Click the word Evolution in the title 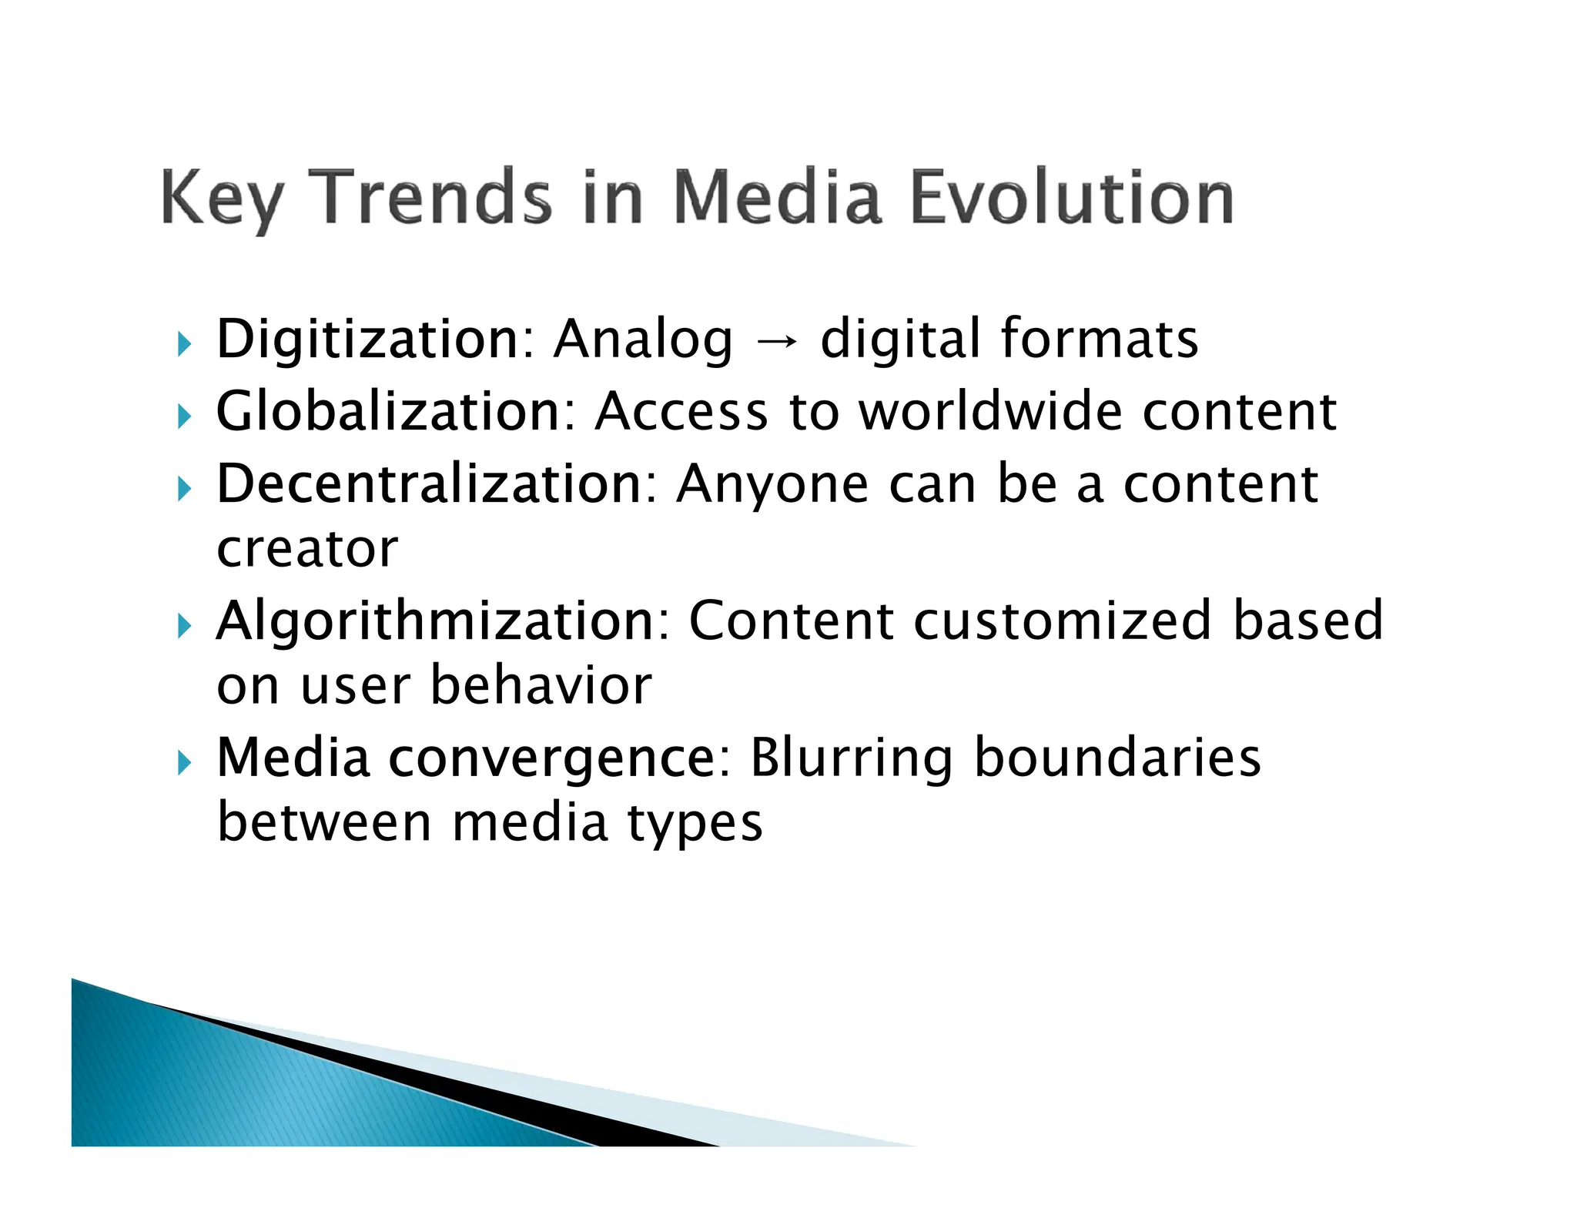click(1072, 199)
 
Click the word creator click(307, 550)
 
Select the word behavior click(541, 686)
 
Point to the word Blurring click(851, 758)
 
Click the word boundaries click(1117, 758)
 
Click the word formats click(1099, 340)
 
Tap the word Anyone click(772, 486)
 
